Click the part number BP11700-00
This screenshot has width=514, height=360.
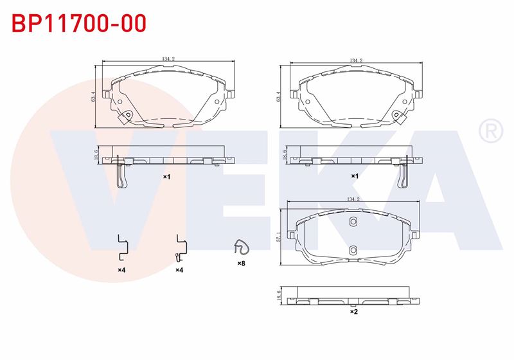click(x=79, y=23)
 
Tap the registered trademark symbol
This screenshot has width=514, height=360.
click(x=490, y=131)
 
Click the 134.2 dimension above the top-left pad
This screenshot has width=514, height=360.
click(x=168, y=59)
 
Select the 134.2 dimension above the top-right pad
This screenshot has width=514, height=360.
click(x=356, y=60)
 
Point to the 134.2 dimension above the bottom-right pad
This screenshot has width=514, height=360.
click(x=353, y=199)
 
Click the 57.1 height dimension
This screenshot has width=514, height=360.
click(x=279, y=237)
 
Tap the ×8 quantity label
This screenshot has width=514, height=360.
click(x=242, y=264)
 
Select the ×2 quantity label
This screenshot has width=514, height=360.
click(x=354, y=312)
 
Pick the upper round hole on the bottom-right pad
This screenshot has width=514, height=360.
click(x=353, y=222)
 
